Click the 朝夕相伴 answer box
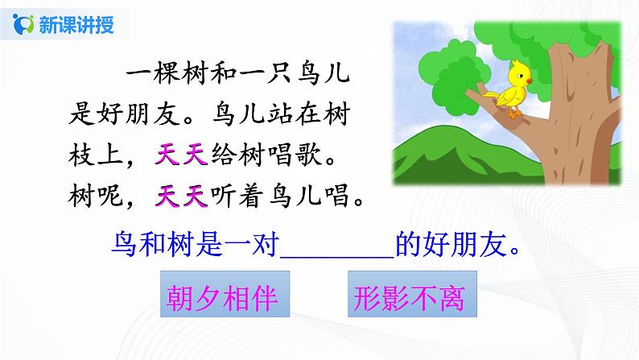pos(220,300)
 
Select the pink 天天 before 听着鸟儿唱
pos(182,194)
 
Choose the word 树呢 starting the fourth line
pos(89,194)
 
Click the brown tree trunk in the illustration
pos(588,161)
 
